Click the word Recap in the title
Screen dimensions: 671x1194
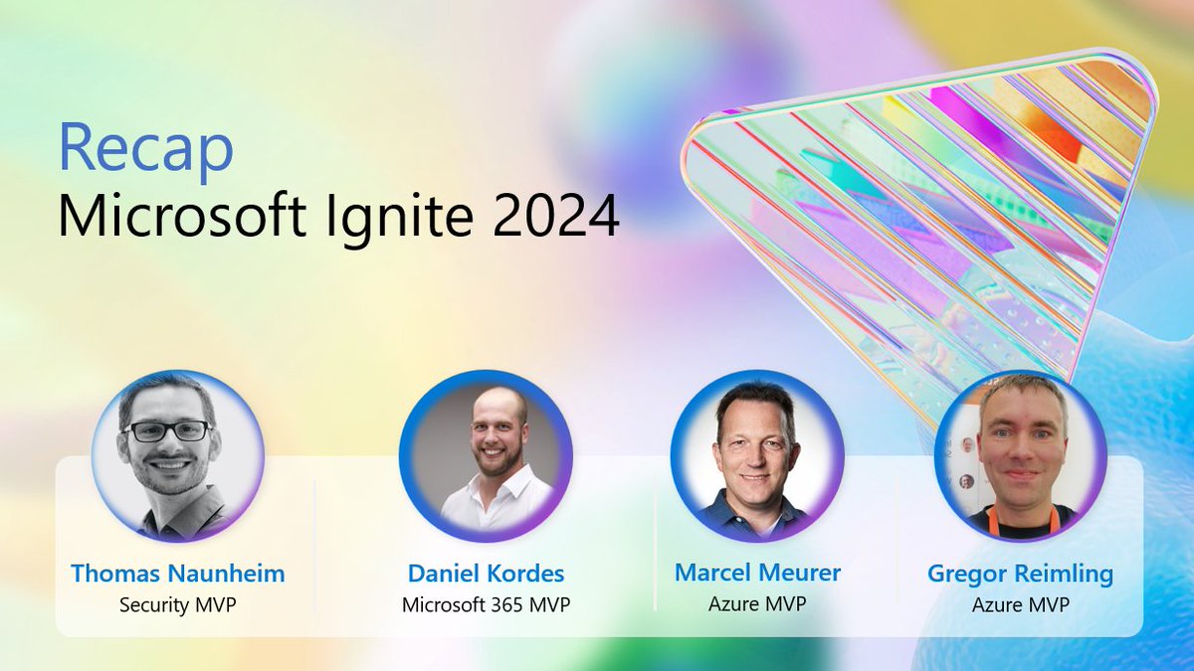pos(145,149)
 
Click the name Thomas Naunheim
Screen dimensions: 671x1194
pos(177,574)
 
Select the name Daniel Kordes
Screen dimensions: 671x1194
pos(486,574)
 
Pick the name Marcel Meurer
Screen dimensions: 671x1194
pos(757,573)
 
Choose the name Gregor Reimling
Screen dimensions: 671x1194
pos(1020,574)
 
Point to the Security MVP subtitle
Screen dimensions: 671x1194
pos(177,604)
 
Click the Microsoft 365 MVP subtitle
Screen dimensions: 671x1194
pos(486,604)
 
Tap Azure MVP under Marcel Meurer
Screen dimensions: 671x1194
pos(757,603)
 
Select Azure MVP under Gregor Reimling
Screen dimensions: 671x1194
pos(1020,604)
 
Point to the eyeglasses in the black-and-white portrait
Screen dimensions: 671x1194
pos(167,431)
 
